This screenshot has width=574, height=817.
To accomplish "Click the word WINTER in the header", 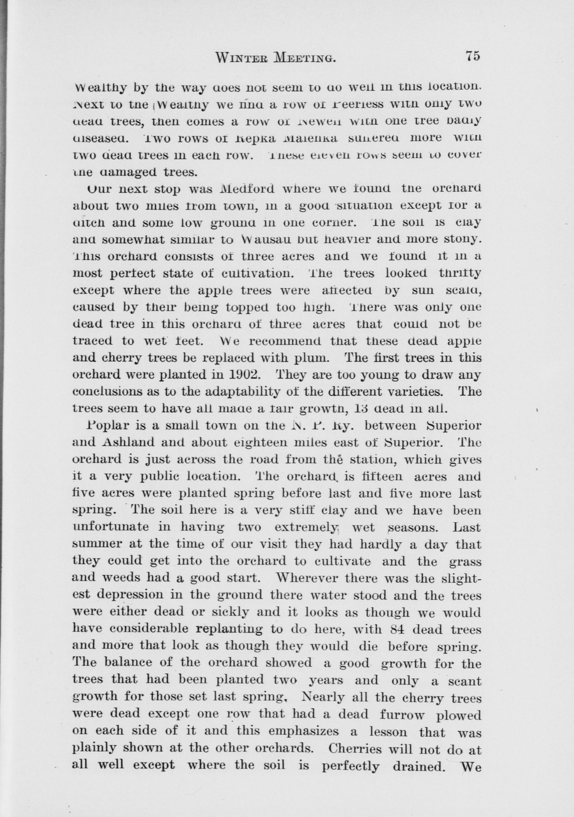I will [237, 57].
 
